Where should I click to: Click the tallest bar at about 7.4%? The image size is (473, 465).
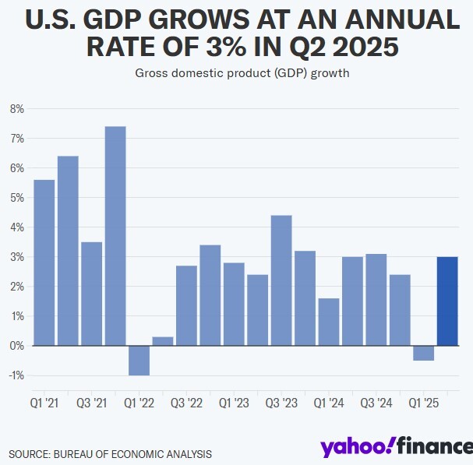tap(115, 235)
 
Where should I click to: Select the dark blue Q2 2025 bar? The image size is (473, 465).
tap(447, 301)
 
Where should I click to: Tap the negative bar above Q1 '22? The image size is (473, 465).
tap(139, 360)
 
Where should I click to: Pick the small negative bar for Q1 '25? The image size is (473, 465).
tap(423, 353)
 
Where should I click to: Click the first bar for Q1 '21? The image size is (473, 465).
tap(44, 262)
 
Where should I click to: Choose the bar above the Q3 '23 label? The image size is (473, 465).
tap(281, 280)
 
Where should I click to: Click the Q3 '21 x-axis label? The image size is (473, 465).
tap(91, 403)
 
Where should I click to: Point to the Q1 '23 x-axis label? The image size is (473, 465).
tap(234, 403)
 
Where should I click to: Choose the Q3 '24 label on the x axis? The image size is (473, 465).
tap(376, 403)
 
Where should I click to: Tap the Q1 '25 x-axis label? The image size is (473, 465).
tap(423, 403)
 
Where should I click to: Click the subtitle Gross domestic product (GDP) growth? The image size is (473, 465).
tap(236, 74)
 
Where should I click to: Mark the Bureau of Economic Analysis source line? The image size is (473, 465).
tap(110, 453)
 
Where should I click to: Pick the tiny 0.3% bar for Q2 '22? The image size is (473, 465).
tap(163, 341)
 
